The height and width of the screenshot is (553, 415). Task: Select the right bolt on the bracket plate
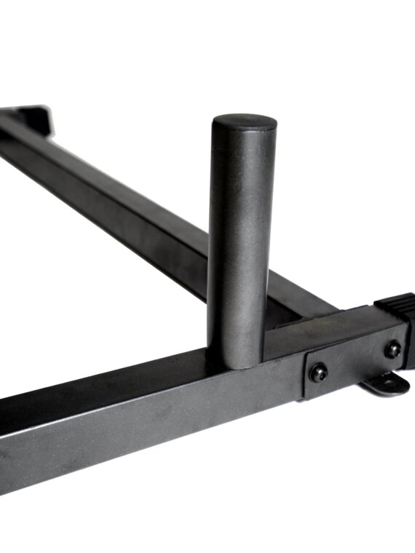(393, 349)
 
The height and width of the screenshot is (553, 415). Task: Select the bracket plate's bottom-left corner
(305, 397)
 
